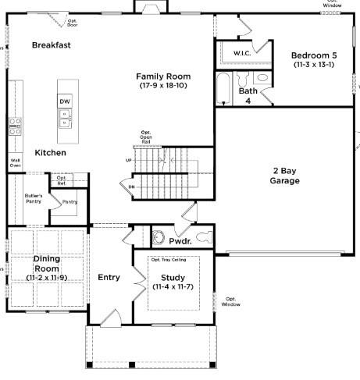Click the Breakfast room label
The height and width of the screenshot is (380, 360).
[x=52, y=45]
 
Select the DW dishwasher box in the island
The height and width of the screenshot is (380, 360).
[x=64, y=102]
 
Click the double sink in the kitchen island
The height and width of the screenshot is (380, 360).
[x=64, y=119]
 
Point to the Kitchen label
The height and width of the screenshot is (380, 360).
[x=50, y=153]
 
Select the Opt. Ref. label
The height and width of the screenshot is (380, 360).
[x=62, y=181]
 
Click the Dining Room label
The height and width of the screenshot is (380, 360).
[x=47, y=263]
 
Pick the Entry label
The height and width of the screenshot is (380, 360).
[x=109, y=278]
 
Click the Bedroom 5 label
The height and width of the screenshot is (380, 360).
[x=315, y=55]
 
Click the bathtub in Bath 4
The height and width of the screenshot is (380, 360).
[x=223, y=91]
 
